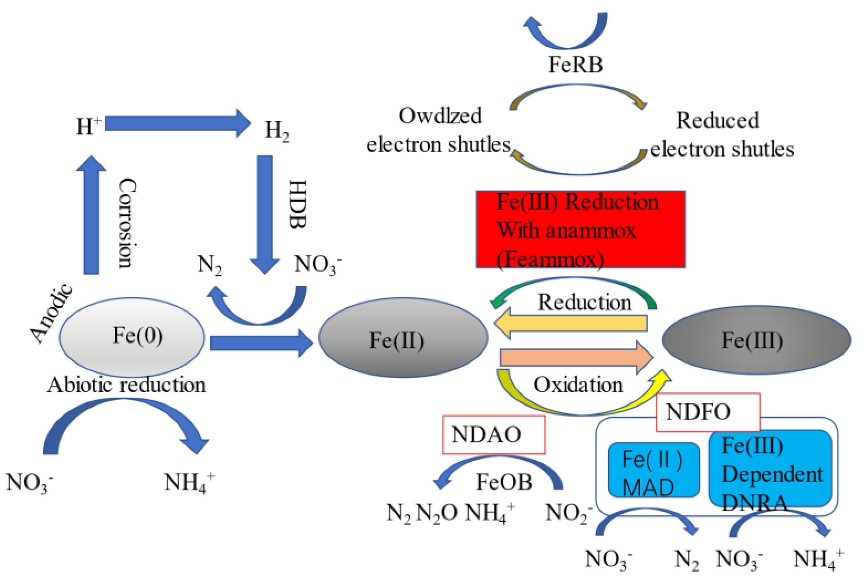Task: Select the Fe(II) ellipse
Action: (x=403, y=338)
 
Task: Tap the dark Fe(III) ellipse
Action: (x=756, y=340)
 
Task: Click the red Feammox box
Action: (x=580, y=229)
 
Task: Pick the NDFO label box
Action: (x=708, y=412)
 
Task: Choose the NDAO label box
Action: (x=493, y=434)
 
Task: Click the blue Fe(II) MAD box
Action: (x=653, y=470)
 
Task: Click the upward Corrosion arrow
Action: (x=91, y=215)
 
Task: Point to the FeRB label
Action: (x=575, y=64)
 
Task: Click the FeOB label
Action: (x=504, y=482)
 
